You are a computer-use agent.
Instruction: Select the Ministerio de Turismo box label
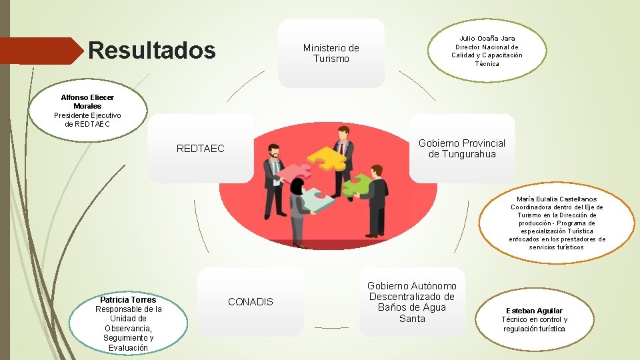click(331, 53)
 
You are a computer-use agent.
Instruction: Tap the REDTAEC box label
click(200, 149)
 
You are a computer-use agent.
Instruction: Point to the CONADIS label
click(250, 302)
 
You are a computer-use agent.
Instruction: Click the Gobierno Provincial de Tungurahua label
click(461, 149)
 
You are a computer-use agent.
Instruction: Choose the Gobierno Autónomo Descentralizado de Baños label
click(412, 302)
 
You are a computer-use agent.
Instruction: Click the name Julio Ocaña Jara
click(487, 39)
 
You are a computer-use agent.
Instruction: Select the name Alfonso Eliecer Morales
click(88, 101)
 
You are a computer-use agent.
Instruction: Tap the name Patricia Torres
click(128, 299)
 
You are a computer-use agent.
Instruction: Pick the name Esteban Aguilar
click(534, 311)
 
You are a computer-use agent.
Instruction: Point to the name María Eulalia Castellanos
click(557, 199)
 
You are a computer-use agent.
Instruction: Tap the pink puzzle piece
click(294, 173)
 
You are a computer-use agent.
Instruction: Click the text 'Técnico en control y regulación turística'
click(534, 324)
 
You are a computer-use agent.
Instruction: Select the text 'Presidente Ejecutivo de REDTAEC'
click(88, 119)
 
